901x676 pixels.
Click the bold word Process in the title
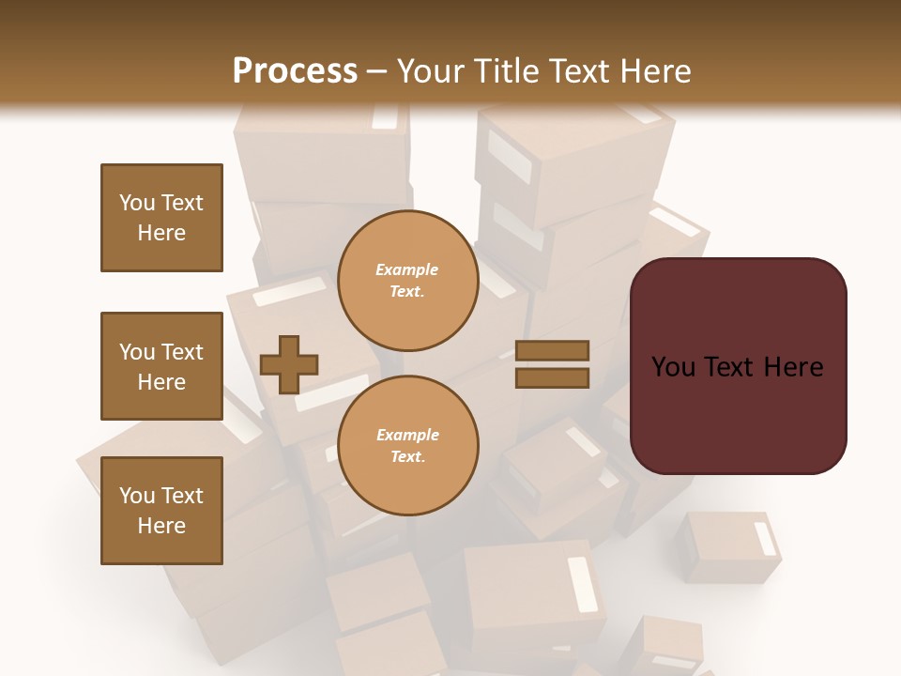tap(295, 71)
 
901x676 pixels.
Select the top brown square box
tap(161, 218)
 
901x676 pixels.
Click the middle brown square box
tap(161, 366)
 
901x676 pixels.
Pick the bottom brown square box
tap(161, 511)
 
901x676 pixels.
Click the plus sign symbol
tap(289, 364)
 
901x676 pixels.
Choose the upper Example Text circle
tap(407, 281)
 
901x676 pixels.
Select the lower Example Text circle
tap(407, 446)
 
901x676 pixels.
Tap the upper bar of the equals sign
tap(552, 350)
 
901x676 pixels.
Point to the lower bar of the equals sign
tap(552, 377)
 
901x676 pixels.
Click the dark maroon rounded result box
tap(738, 413)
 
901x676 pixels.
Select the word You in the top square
tap(137, 203)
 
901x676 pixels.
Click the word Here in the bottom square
tap(161, 526)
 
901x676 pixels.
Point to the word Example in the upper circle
tap(407, 269)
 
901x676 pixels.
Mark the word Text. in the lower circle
tap(407, 457)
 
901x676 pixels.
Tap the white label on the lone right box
tap(766, 539)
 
